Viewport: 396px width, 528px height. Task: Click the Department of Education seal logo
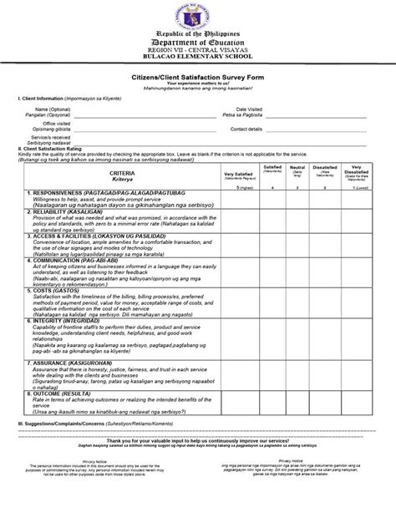[x=197, y=16]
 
